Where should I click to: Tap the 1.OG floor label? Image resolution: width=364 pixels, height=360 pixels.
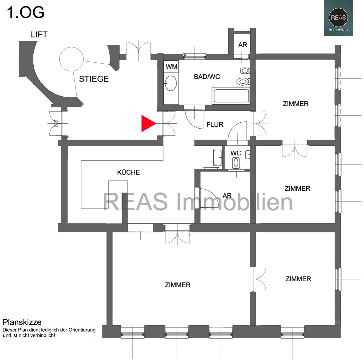[x=26, y=13]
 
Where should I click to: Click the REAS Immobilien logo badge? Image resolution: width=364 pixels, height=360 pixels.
[x=338, y=18]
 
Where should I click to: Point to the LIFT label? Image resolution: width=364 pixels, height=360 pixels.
[x=39, y=35]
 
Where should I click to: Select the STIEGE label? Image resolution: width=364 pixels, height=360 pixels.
[x=94, y=79]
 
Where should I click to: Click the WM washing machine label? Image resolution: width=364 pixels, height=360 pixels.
[x=171, y=67]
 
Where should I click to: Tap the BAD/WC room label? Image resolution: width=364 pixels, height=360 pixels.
[x=207, y=77]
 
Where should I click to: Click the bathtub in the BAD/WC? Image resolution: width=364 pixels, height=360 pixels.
[x=231, y=96]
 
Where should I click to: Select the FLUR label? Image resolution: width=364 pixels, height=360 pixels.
[x=215, y=125]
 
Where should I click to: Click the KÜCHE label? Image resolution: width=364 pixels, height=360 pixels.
[x=128, y=172]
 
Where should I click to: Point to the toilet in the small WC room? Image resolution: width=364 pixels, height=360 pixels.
[x=236, y=162]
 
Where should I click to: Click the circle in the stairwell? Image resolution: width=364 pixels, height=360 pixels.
[x=71, y=59]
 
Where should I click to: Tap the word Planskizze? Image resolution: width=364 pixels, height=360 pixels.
[x=22, y=322]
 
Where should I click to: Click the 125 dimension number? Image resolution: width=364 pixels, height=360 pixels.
[x=56, y=121]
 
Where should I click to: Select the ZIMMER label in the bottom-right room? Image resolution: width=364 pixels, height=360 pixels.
[x=298, y=279]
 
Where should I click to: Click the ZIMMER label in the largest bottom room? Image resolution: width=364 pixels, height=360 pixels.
[x=177, y=285]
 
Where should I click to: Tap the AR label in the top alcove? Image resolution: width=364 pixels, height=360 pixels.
[x=243, y=45]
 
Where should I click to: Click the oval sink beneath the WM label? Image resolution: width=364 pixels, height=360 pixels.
[x=171, y=83]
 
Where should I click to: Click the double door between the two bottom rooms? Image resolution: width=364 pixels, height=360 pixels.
[x=259, y=279]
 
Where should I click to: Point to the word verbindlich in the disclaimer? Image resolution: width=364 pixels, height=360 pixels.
[x=43, y=335]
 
